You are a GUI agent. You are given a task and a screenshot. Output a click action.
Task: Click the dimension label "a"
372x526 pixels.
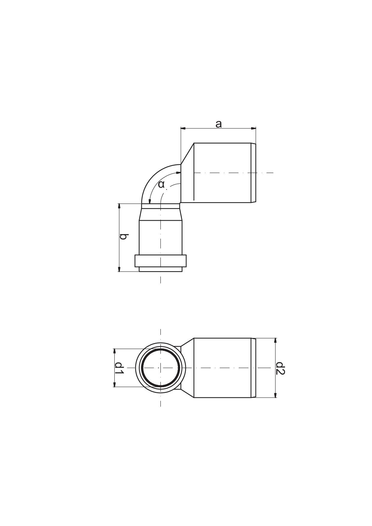coord(219,124)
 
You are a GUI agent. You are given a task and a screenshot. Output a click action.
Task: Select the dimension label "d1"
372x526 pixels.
coord(119,367)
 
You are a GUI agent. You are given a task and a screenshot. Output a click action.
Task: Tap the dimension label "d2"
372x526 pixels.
coord(280,368)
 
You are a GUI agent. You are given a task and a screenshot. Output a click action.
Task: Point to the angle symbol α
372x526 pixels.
coord(161,184)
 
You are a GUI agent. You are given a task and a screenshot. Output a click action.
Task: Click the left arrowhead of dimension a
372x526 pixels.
coord(183,128)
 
